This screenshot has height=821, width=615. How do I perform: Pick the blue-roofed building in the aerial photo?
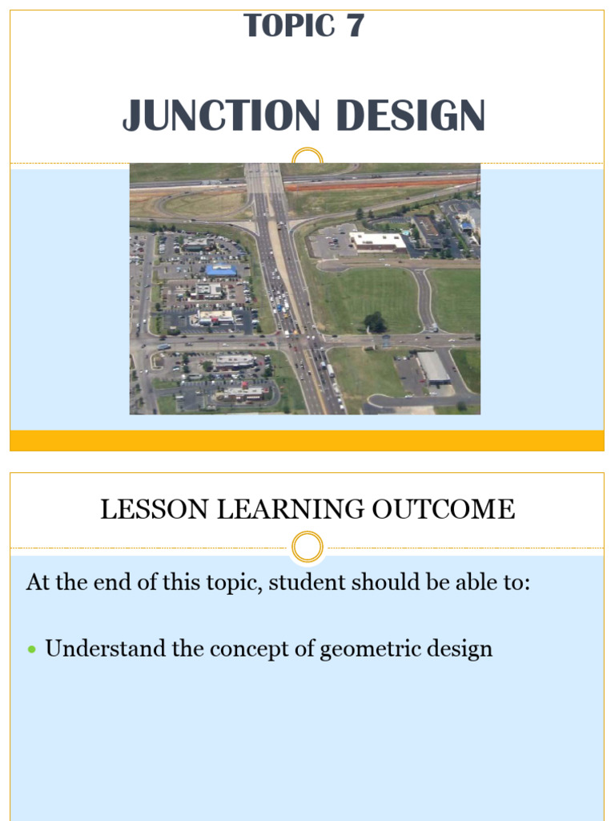(221, 270)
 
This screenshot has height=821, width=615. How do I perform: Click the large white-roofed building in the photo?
(377, 240)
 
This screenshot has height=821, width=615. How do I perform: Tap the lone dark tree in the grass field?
(375, 322)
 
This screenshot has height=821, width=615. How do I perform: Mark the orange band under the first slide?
(307, 440)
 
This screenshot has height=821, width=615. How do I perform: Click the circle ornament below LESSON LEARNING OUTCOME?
(307, 548)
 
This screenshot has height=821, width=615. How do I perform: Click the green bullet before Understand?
(33, 649)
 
